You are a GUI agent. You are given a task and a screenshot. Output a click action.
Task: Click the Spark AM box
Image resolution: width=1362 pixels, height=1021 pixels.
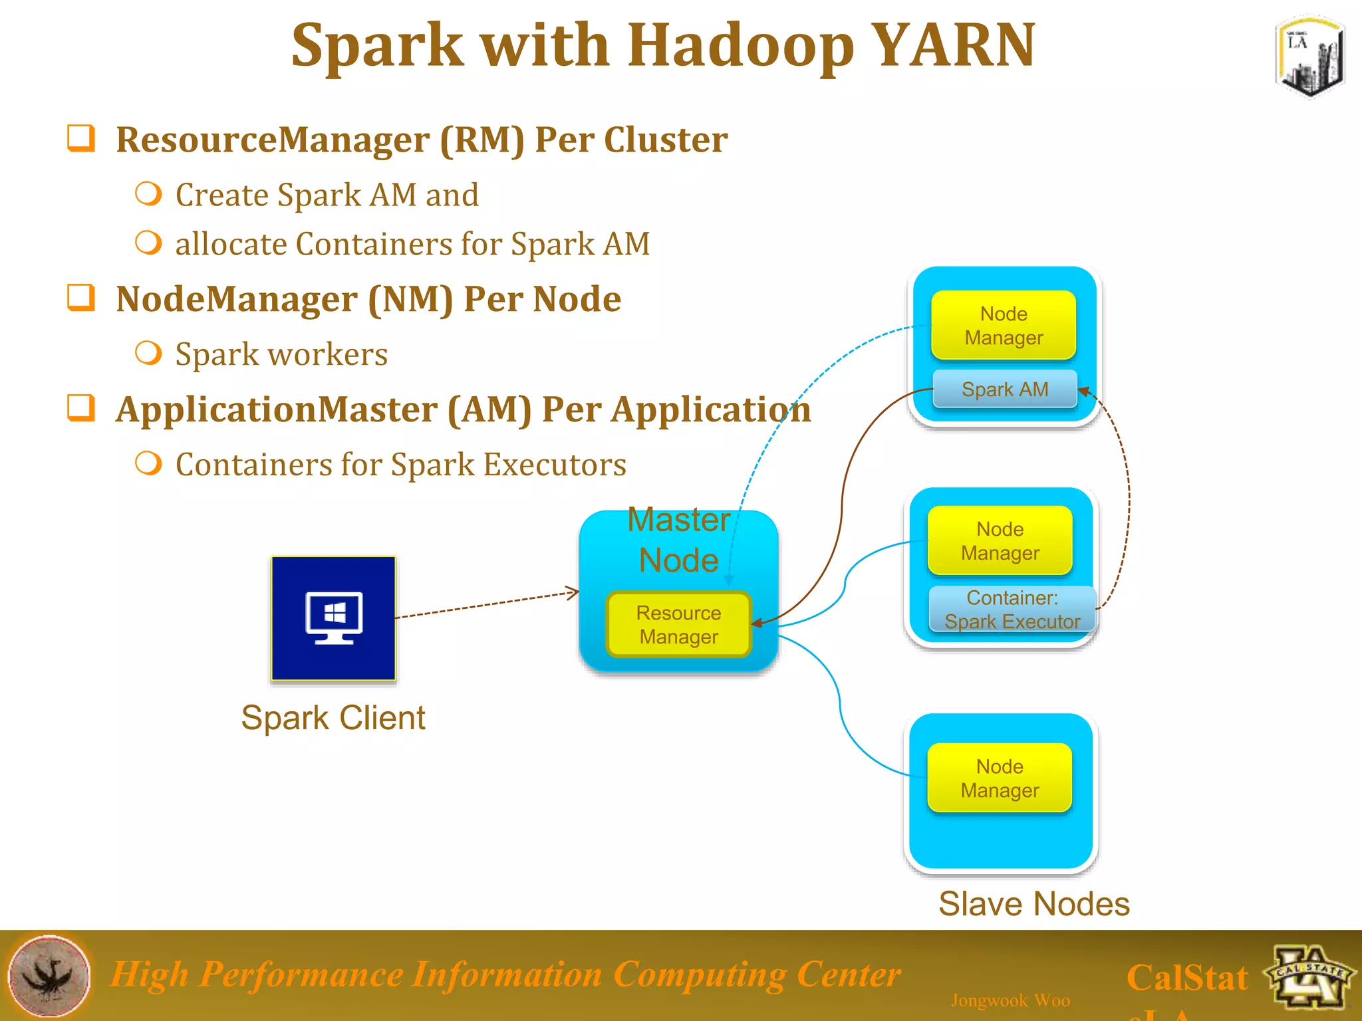[x=1004, y=389]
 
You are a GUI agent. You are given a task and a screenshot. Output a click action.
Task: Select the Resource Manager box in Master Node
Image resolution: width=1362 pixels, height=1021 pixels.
[x=678, y=624]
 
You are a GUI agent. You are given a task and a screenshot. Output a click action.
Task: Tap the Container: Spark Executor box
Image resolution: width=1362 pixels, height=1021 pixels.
[x=1012, y=609]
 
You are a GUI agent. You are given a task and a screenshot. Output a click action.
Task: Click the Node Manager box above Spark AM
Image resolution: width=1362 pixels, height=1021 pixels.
[x=1004, y=325]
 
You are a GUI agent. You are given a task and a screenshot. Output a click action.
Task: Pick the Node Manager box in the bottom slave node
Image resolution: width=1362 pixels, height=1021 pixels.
[x=1000, y=778]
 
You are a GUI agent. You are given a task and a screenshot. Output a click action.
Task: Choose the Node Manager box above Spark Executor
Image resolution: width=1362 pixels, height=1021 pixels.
[x=1000, y=540]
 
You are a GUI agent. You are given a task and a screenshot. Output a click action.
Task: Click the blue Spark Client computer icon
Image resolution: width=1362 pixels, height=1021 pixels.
[x=333, y=618]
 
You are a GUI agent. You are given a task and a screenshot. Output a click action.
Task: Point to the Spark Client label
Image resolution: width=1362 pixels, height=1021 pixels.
[x=333, y=718]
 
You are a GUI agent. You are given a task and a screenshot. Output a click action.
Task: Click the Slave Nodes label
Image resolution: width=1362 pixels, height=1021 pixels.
[x=1033, y=904]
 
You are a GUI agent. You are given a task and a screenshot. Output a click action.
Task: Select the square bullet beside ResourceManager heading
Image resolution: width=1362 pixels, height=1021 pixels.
[x=81, y=138]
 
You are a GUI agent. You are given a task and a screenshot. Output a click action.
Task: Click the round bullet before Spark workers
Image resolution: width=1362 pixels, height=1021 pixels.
[x=148, y=352]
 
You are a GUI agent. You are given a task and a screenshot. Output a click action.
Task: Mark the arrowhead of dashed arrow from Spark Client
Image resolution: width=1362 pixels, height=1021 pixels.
[x=574, y=592]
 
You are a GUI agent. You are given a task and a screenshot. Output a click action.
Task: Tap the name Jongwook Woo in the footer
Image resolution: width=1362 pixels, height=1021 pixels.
[x=1010, y=1000]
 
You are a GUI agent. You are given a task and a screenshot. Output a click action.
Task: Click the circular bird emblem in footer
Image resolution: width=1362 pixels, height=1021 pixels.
[x=49, y=976]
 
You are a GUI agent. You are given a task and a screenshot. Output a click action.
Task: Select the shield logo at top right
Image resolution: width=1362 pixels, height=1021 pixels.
[x=1309, y=57]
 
